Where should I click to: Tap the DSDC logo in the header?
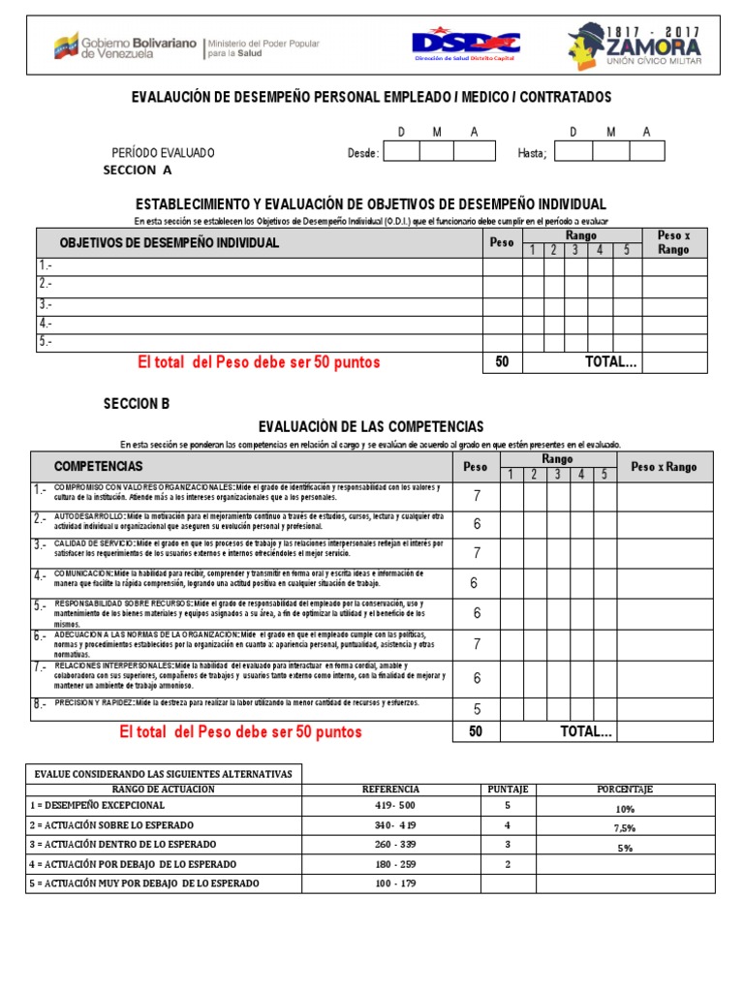(465, 45)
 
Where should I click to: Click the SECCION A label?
(137, 170)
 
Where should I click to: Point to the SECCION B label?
(137, 403)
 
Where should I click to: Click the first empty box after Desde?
(402, 151)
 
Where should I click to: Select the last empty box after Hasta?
(646, 151)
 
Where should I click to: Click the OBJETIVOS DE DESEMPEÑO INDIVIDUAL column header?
(170, 242)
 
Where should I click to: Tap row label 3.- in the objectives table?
(46, 304)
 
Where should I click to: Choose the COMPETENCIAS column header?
(98, 466)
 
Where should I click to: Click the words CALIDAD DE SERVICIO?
(94, 544)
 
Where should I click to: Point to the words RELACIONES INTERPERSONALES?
(112, 666)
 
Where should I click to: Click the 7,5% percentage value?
(624, 827)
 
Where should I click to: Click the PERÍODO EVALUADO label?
(164, 153)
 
